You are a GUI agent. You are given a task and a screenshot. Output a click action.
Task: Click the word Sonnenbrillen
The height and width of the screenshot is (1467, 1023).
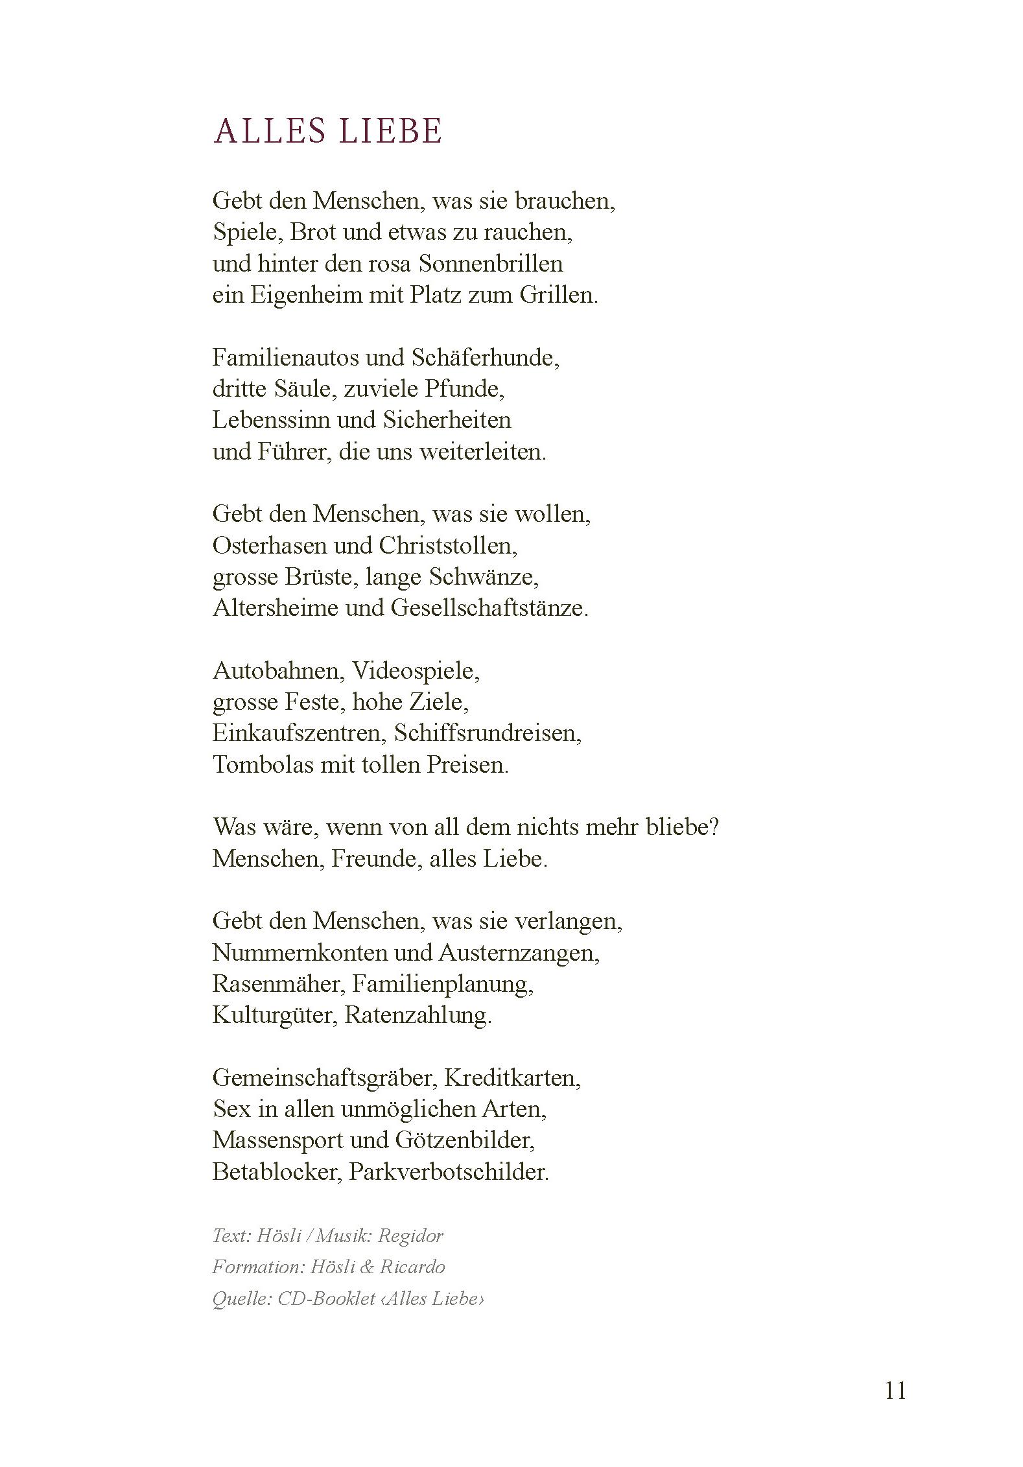pyautogui.click(x=491, y=264)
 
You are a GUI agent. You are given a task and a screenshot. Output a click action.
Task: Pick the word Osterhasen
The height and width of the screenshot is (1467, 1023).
pyautogui.click(x=269, y=545)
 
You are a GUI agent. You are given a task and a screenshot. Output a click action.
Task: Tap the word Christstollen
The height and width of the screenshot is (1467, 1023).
pyautogui.click(x=448, y=545)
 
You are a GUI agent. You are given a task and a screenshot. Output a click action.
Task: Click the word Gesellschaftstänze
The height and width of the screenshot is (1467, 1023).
pyautogui.click(x=489, y=608)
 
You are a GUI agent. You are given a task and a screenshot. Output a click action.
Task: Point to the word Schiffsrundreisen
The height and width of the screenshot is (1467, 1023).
pyautogui.click(x=488, y=733)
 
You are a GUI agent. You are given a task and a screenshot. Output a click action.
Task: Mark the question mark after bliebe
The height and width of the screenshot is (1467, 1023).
pyautogui.click(x=714, y=827)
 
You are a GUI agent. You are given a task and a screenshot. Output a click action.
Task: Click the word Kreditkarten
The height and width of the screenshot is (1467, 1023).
pyautogui.click(x=512, y=1077)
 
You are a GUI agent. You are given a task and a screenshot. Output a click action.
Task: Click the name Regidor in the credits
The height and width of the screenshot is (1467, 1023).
pyautogui.click(x=410, y=1236)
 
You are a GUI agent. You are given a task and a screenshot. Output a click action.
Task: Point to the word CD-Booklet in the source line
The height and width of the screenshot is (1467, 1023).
pyautogui.click(x=327, y=1298)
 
